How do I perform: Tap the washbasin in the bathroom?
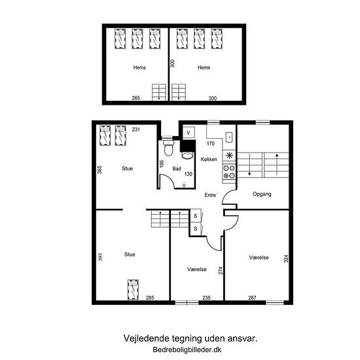point(187,156)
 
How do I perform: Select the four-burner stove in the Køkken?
point(229,172)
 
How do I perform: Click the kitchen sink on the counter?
point(229,137)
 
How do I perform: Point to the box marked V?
point(189,132)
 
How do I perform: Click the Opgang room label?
point(262,194)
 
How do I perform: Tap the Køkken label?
point(209,159)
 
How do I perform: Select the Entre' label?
point(211,195)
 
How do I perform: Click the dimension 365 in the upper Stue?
point(99,170)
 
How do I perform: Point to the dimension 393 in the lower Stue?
point(100,257)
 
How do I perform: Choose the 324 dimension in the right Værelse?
point(286,259)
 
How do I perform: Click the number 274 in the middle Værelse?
point(221,270)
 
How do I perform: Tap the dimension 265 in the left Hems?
point(135,98)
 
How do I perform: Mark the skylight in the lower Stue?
point(133,289)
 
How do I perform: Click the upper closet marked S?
point(196,216)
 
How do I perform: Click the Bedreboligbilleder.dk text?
point(187,350)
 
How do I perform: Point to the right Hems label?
point(204,67)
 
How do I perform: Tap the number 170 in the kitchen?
point(211,143)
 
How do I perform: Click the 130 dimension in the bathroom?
point(189,174)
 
